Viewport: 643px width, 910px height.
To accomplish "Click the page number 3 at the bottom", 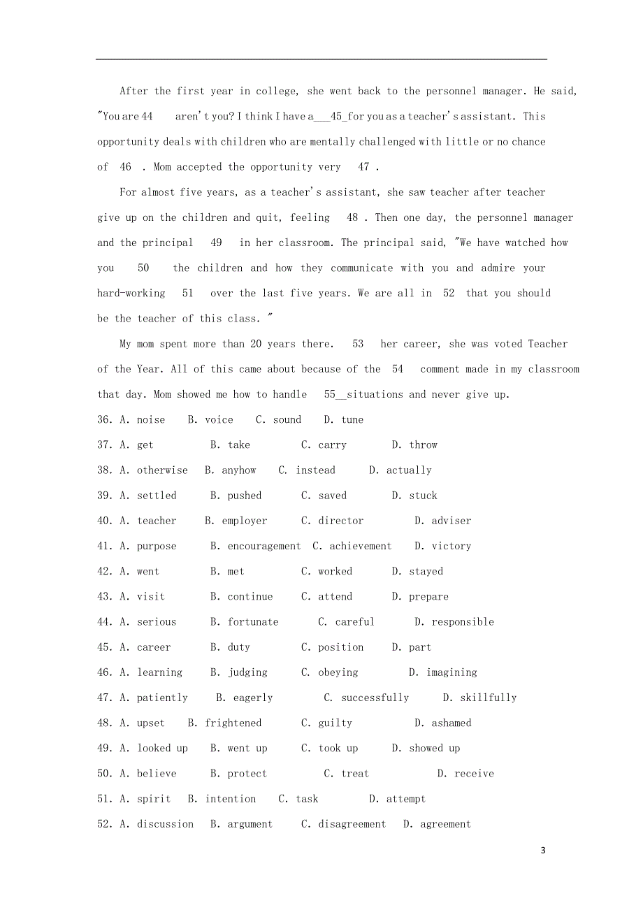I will [x=543, y=851].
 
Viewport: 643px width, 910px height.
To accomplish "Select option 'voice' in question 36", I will [x=219, y=420].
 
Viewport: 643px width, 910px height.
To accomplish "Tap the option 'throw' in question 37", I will [x=423, y=445].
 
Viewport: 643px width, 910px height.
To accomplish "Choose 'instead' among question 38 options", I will [x=315, y=470].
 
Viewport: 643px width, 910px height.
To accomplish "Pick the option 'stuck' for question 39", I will [x=423, y=496].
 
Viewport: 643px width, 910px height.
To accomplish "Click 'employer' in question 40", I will [x=245, y=521].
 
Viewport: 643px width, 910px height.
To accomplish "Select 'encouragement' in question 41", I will [x=264, y=546].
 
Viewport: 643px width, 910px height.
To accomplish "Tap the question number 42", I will [x=105, y=572].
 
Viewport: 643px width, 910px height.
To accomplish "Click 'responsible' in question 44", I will [x=463, y=622].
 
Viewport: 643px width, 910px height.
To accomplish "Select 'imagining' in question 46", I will [x=451, y=672].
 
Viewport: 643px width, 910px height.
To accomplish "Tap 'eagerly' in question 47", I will [x=253, y=698].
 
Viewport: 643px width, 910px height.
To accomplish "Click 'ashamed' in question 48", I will [x=451, y=723].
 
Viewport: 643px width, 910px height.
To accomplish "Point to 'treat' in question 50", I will [x=355, y=774].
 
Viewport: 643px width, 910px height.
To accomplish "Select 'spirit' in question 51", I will [x=154, y=799].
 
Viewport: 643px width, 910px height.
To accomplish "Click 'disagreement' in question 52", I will [x=352, y=824].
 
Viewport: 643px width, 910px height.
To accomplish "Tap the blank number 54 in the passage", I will [x=398, y=369].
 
